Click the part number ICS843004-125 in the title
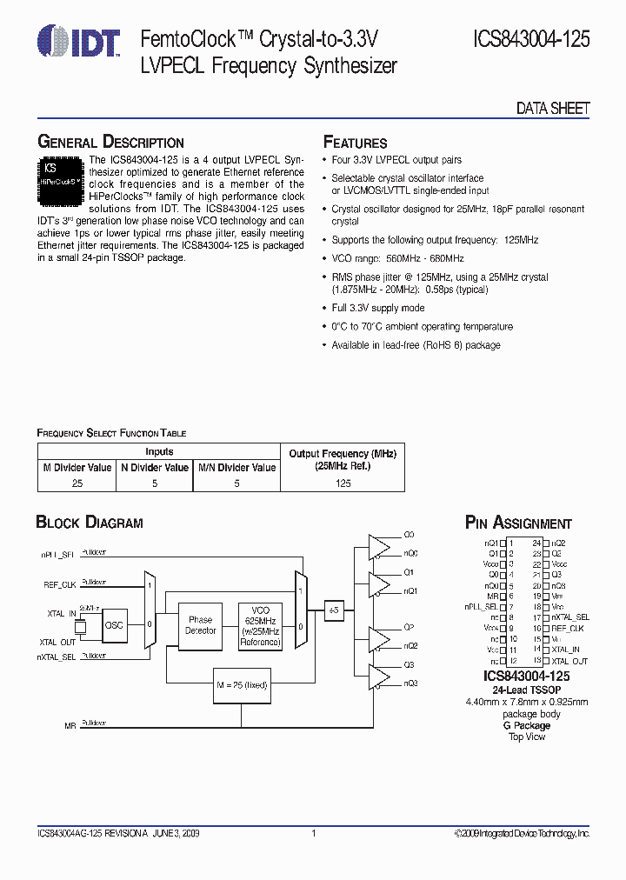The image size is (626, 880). coord(531,39)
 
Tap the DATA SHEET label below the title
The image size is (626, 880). coord(553,109)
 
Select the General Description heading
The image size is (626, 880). coord(110,142)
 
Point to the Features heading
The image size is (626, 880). coord(355,143)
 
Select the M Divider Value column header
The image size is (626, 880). coord(77,467)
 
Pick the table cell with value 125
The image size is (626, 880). coord(343,483)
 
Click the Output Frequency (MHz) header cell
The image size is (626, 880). coord(343,460)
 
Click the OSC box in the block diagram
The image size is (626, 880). coord(114,625)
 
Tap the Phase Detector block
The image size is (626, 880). coord(200,625)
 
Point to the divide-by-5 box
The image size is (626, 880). coord(334,610)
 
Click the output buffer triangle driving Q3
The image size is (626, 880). coord(379,675)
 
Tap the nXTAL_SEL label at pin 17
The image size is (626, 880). coord(570,617)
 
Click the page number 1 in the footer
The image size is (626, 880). coord(313,833)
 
